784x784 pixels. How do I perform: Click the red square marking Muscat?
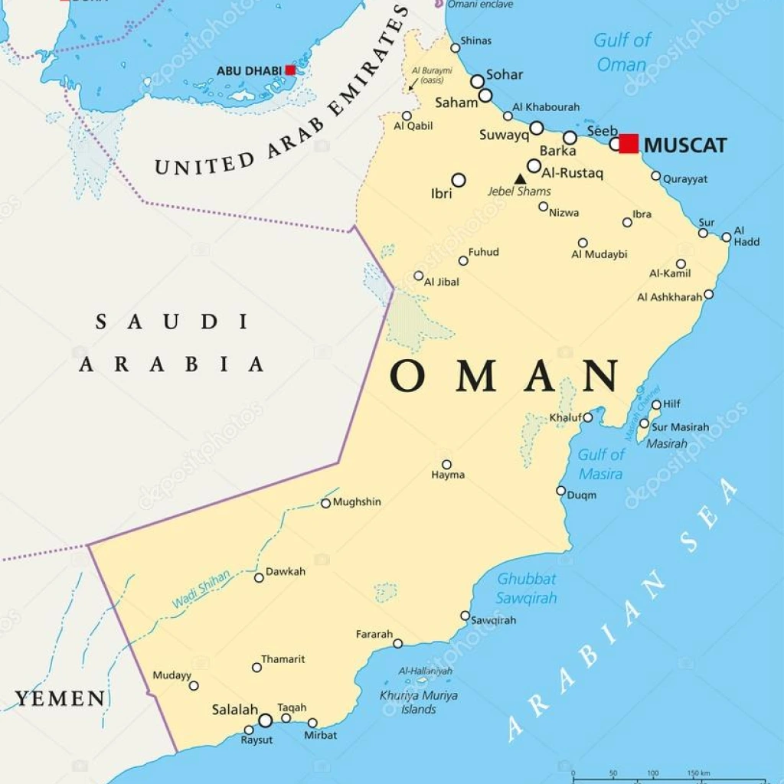tap(629, 144)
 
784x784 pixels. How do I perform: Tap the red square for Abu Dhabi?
tap(290, 70)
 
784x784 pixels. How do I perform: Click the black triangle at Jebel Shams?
tap(520, 179)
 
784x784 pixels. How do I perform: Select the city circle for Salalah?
tap(265, 720)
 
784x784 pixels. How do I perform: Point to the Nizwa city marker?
tap(543, 206)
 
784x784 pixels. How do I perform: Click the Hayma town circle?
tap(446, 464)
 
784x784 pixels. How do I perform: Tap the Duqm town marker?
tap(560, 491)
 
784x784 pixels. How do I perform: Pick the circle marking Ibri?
tap(458, 180)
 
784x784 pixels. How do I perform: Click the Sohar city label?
tap(505, 74)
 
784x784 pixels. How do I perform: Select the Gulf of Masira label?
tap(600, 464)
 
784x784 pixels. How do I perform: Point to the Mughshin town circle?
tap(325, 503)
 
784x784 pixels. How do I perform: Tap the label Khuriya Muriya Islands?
tap(419, 702)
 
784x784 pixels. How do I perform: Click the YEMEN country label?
tap(60, 698)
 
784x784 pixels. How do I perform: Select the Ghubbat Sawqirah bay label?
tap(527, 588)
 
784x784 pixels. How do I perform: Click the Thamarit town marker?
tap(256, 667)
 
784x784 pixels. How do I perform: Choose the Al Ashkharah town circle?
tap(708, 294)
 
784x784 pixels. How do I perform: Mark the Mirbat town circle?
tap(312, 723)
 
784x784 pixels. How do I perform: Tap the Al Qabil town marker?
tap(407, 116)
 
